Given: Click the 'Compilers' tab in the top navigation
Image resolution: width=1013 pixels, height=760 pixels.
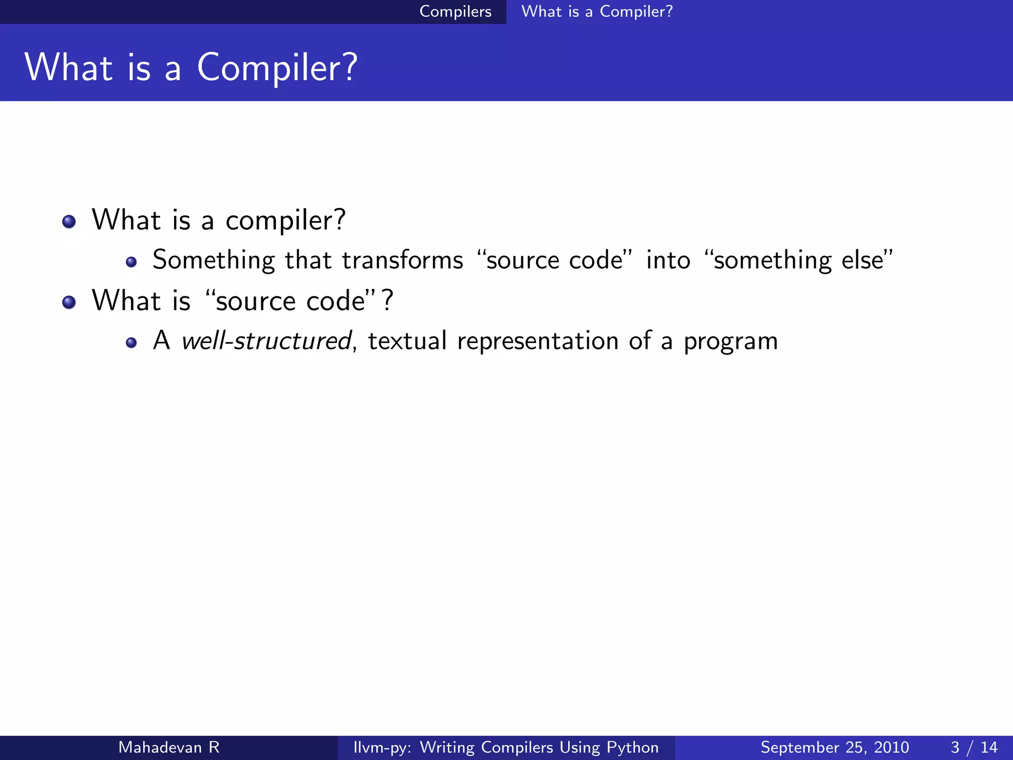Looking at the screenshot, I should pos(455,11).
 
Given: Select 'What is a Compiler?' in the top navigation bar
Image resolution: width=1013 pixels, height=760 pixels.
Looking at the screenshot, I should pos(597,11).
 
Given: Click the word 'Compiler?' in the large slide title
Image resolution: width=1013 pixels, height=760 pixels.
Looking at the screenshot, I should pos(277,68).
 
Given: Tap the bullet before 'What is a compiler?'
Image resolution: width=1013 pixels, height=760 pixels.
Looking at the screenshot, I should pos(69,221).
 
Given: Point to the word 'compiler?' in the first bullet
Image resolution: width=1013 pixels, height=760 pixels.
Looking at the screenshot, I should pos(285,221).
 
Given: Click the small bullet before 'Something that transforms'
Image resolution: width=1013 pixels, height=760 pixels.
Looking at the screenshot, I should pos(131,262).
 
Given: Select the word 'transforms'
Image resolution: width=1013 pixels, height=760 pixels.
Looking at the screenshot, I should pos(402,260).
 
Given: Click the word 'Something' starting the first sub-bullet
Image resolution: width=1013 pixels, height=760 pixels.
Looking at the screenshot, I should pos(213,260).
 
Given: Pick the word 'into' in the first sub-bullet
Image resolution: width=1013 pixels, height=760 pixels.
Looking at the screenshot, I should pos(668,260).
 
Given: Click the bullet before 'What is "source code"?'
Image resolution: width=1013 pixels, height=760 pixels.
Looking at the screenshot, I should pos(69,302).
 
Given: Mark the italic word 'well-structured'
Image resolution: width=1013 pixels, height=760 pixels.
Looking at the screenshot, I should pos(266,341).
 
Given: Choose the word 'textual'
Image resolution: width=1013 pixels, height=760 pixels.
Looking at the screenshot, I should pos(407,341).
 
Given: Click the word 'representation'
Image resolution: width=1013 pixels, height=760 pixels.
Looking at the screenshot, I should pos(538,341).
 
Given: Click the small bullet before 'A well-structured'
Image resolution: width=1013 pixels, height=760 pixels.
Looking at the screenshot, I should pos(131,342).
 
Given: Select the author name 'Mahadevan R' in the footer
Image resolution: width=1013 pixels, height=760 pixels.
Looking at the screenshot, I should pos(169,747).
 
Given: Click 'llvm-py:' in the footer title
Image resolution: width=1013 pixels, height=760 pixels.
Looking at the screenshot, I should pos(382,747).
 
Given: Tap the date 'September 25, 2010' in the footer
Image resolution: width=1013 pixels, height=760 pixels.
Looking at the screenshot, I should pos(834,747).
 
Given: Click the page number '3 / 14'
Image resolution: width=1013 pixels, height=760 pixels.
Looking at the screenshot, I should pos(973,747).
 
